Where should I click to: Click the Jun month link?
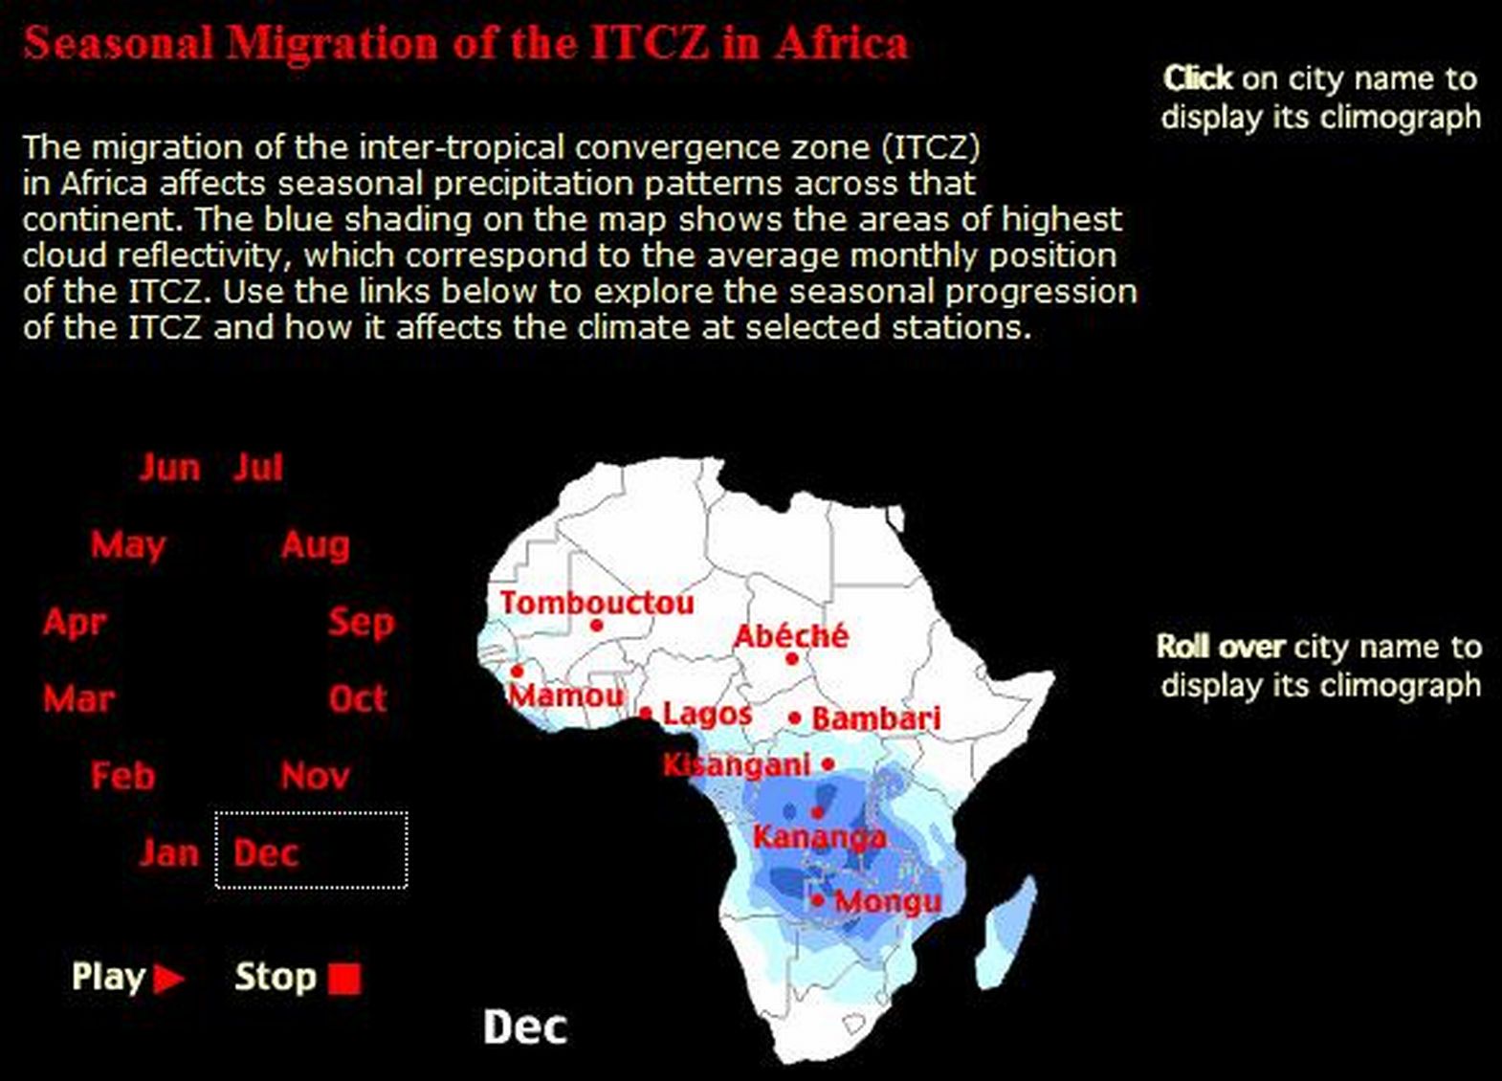[169, 468]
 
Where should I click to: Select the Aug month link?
[315, 545]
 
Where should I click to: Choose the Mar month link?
[79, 698]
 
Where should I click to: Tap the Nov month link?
[315, 776]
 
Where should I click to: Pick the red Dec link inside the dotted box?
[266, 853]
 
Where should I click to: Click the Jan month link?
[169, 853]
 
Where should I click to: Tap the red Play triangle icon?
[168, 979]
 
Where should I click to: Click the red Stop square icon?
[344, 979]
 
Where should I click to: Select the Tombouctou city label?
[597, 603]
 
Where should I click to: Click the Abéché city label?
[791, 635]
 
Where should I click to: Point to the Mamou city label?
[566, 695]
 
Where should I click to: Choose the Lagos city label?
[707, 714]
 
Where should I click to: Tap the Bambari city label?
[876, 718]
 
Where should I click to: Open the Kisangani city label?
[737, 765]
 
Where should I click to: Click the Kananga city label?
[819, 837]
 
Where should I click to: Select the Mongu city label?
[889, 901]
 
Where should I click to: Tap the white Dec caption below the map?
[525, 1027]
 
